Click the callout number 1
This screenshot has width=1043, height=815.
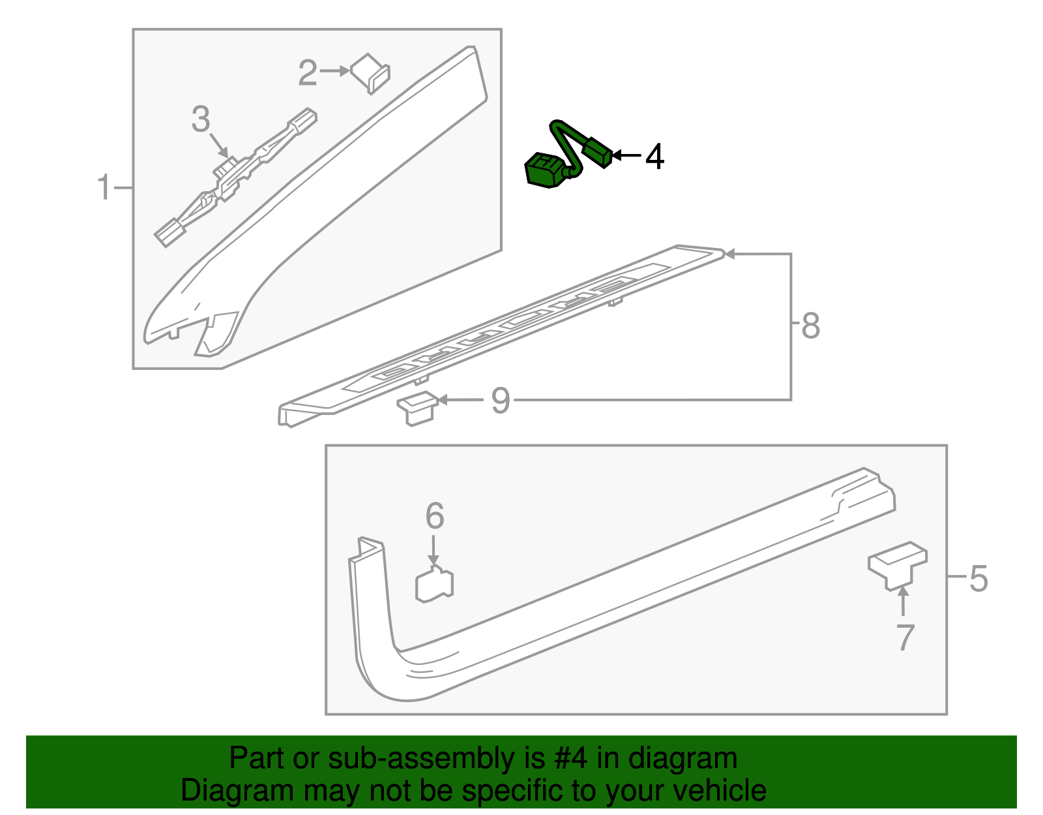point(104,187)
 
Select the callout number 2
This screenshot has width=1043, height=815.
point(308,73)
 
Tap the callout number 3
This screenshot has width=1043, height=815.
point(201,119)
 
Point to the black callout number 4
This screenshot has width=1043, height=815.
point(654,157)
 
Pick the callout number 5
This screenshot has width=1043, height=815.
point(978,579)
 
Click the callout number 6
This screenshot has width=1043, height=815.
point(435,515)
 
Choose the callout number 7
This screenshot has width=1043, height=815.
point(905,638)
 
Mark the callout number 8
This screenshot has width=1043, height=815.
point(811,326)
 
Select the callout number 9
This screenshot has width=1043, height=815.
point(501,401)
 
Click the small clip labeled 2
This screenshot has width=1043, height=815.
point(370,74)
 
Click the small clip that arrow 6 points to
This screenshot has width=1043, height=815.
point(434,583)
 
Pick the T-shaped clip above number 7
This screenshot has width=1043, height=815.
point(898,565)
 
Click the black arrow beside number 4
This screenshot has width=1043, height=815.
point(626,155)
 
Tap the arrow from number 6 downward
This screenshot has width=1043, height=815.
point(433,550)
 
